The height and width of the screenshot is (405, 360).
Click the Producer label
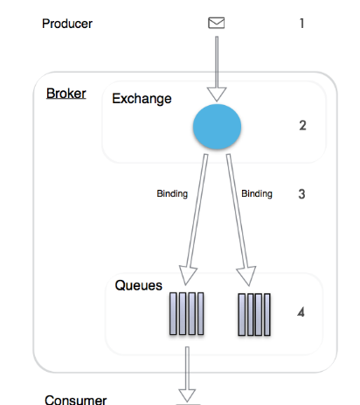pos(67,24)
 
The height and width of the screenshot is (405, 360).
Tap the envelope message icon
pos(217,23)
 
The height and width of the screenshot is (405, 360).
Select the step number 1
pos(302,24)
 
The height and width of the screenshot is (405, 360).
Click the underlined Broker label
pos(66,94)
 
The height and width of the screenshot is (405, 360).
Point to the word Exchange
pos(142,99)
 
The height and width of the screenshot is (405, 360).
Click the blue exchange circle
pos(217,127)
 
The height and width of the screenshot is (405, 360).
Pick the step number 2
pos(302,125)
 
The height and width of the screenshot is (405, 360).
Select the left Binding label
pos(172,193)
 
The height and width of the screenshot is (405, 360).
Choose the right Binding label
pos(257,193)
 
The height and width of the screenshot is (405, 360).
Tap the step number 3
pos(301,194)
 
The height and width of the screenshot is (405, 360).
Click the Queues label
pos(139,285)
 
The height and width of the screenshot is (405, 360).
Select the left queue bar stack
pos(186,314)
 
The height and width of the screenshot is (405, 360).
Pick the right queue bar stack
pos(254,315)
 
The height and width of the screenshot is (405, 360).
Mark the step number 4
pos(301,312)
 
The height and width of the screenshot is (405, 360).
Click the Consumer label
pos(76,400)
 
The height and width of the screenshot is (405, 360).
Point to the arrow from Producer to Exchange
pos(217,69)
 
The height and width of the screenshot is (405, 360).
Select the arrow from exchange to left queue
pos(196,220)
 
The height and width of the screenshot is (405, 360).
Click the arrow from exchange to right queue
pos(239,220)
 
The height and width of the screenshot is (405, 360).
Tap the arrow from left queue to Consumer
pos(187,374)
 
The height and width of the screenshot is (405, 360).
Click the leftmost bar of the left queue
pos(173,314)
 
